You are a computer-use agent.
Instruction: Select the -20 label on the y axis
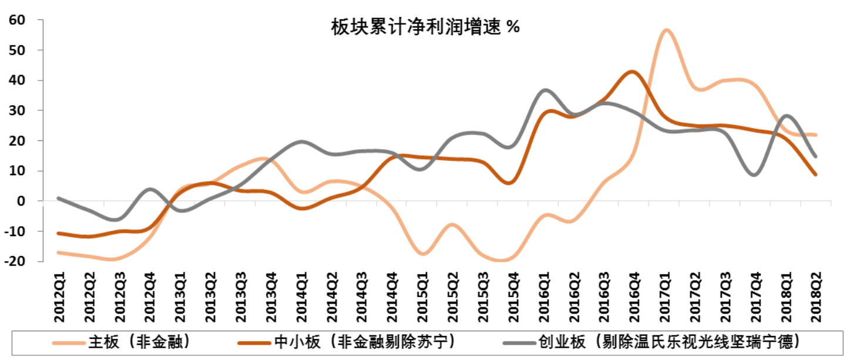16,261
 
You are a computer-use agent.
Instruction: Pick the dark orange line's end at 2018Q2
815,174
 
